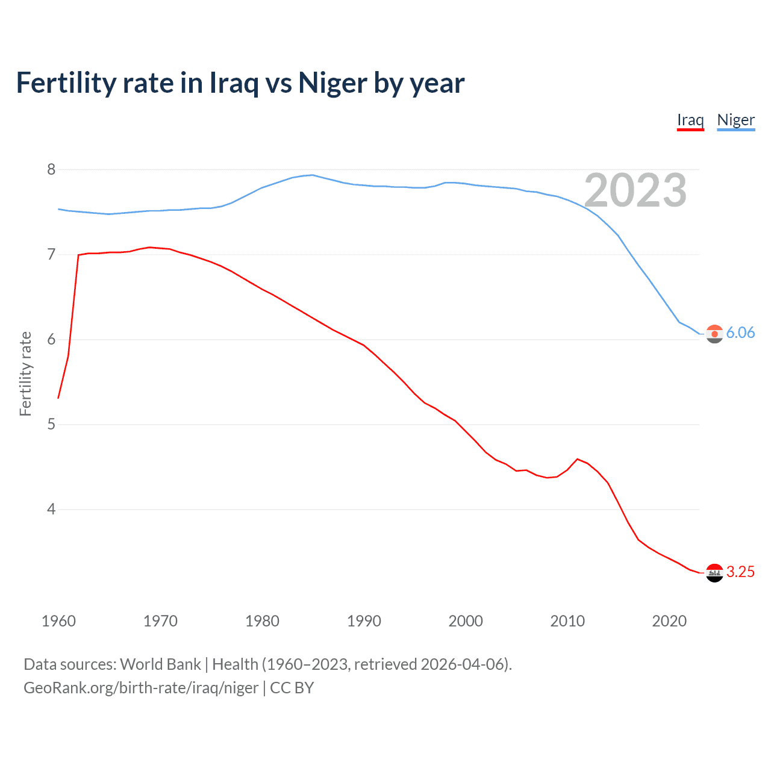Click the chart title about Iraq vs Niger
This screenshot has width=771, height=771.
[x=240, y=83]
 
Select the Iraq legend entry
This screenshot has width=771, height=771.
[x=690, y=120]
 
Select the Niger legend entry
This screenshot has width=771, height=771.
[x=735, y=120]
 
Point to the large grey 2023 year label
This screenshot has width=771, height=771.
[x=635, y=190]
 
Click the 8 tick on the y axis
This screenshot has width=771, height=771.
[x=51, y=169]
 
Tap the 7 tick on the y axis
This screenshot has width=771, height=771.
[x=51, y=254]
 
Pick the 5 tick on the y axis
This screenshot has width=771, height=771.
[x=51, y=424]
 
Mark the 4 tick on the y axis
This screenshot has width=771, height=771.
[x=51, y=509]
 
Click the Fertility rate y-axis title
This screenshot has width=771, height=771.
[x=25, y=373]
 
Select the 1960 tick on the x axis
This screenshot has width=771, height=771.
[x=58, y=621]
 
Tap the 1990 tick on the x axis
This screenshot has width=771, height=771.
[x=364, y=621]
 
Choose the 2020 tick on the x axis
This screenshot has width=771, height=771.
[x=669, y=621]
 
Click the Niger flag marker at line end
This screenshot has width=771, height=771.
[x=714, y=334]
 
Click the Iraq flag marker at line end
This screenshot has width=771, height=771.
[x=714, y=573]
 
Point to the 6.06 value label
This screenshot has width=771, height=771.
[x=740, y=333]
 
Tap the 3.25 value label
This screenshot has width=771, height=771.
[x=740, y=572]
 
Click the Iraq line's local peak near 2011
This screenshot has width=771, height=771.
[x=578, y=459]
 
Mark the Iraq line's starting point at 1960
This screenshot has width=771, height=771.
[x=58, y=398]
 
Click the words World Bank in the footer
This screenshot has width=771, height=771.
[x=160, y=664]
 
